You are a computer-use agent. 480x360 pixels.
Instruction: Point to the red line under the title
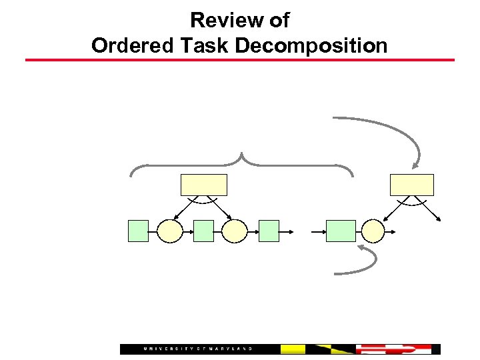[x=240, y=61]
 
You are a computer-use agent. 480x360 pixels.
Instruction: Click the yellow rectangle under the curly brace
[x=204, y=185]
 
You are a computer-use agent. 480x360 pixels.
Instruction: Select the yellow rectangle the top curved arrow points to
[x=411, y=185]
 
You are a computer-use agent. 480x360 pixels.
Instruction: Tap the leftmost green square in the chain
[x=138, y=231]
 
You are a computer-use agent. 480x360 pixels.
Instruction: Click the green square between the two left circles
[x=203, y=231]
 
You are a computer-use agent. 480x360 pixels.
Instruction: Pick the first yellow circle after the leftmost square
[x=170, y=231]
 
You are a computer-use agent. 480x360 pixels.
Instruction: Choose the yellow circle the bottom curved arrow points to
[x=373, y=231]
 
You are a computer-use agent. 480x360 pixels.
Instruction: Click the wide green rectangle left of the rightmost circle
[x=341, y=231]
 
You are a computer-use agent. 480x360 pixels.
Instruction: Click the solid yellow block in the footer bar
[x=293, y=349]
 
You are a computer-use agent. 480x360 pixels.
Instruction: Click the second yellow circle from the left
[x=235, y=231]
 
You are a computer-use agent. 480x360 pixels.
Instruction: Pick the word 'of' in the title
[x=279, y=21]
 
